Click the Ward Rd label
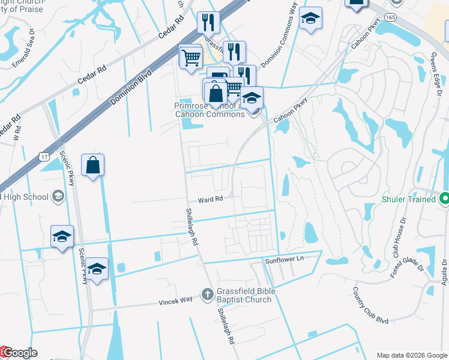click(211, 199)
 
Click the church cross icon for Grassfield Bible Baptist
click(207, 293)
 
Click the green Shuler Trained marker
click(444, 197)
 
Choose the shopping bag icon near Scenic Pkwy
click(92, 165)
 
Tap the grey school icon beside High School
click(58, 196)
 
